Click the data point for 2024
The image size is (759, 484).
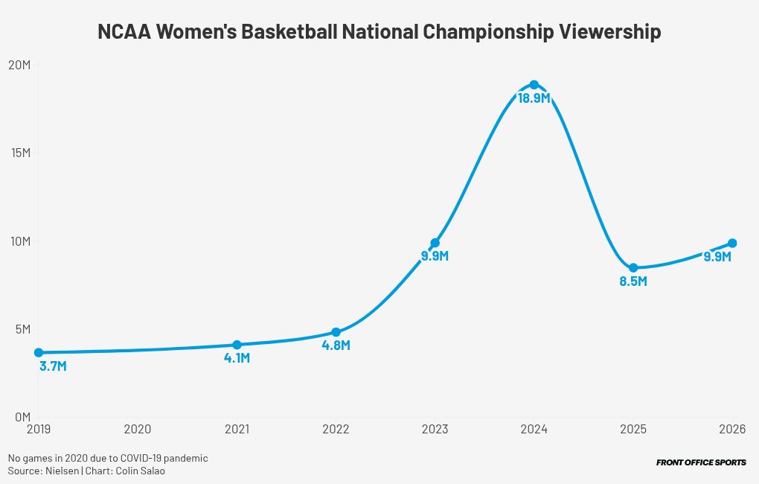coord(534,85)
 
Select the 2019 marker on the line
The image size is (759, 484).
coord(38,352)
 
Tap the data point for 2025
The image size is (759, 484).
coord(633,268)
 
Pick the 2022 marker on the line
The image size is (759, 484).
coord(336,332)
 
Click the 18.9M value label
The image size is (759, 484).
coord(534,98)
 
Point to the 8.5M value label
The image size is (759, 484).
coord(633,281)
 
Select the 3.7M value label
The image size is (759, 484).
coord(53,366)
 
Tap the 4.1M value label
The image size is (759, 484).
coord(237,358)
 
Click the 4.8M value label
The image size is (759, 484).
coord(336,346)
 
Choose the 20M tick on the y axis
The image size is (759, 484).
coord(19,65)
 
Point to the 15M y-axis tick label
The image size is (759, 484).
coord(19,153)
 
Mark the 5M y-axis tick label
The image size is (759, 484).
coord(21,329)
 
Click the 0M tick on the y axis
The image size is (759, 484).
coord(21,417)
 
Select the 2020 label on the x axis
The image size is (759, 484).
coord(138,429)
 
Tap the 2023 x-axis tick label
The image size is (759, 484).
coord(435,429)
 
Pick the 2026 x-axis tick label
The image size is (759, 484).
coord(732,429)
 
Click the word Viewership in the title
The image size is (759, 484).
coord(609,33)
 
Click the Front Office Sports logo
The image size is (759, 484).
coord(701,462)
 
